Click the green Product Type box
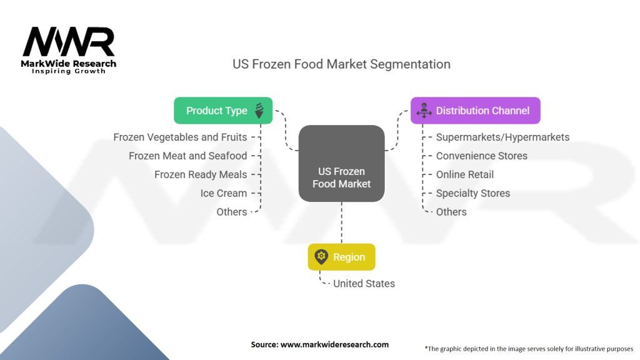click(x=223, y=111)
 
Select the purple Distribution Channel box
click(x=476, y=111)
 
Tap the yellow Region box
click(x=342, y=257)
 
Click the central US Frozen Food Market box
click(x=342, y=163)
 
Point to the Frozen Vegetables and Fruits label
click(x=180, y=137)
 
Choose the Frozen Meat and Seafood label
click(x=187, y=156)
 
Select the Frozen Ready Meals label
click(x=201, y=175)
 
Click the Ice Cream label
click(x=224, y=194)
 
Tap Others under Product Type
click(x=232, y=212)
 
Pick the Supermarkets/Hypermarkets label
click(x=502, y=137)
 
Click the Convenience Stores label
click(x=482, y=156)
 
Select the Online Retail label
click(x=465, y=175)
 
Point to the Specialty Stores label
click(x=473, y=194)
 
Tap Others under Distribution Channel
click(x=451, y=212)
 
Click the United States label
click(x=364, y=284)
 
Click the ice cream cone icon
click(x=259, y=111)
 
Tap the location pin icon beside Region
click(x=321, y=257)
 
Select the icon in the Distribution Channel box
click(x=424, y=111)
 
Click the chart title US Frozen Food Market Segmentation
click(x=342, y=64)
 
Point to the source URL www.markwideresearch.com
click(x=334, y=344)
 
